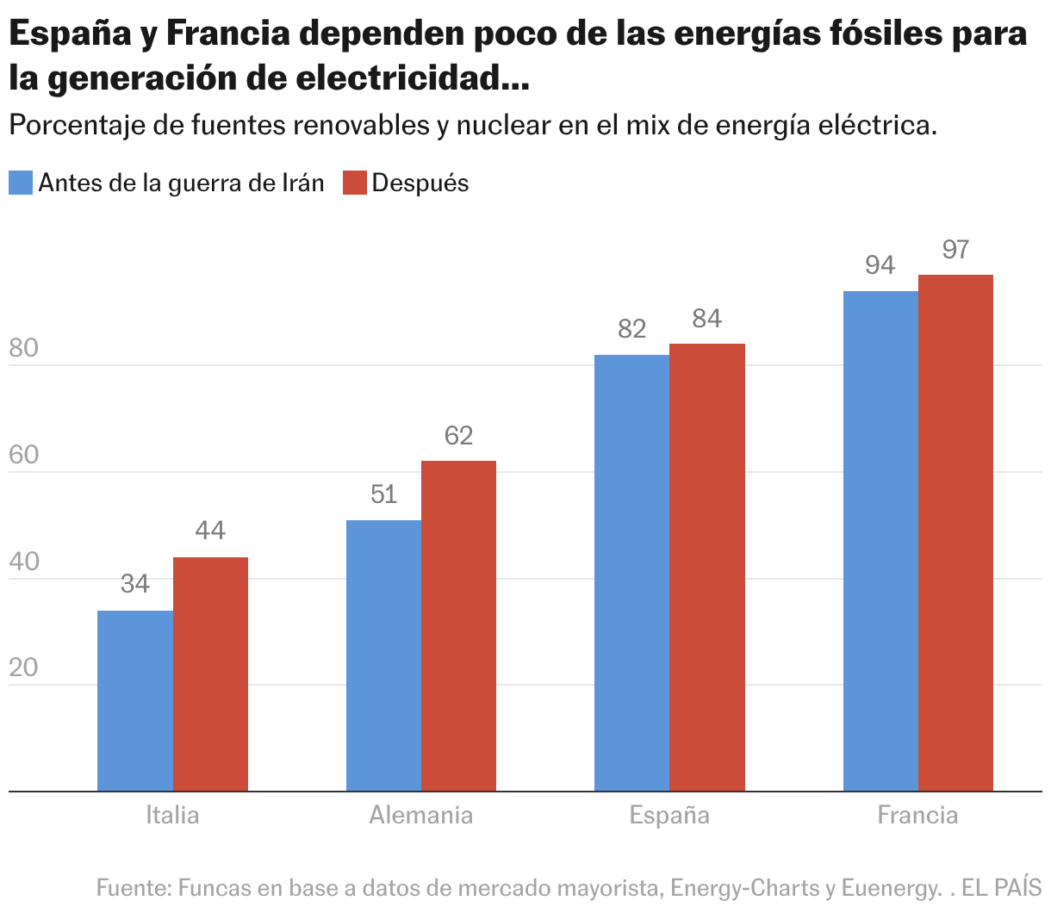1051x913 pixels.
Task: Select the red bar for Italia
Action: (x=210, y=674)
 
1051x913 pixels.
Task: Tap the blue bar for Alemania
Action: (x=383, y=655)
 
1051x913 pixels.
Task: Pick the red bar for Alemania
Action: (x=458, y=625)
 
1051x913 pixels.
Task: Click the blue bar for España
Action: (x=631, y=573)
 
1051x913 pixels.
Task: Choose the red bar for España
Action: (x=707, y=567)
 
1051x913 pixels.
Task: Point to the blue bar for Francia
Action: (x=880, y=541)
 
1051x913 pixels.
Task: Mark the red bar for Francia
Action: (x=955, y=532)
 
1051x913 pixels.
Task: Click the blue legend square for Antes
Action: (x=21, y=183)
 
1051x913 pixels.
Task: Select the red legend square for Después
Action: (x=355, y=183)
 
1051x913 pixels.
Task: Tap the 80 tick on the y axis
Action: (x=24, y=349)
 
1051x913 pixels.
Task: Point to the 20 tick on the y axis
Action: (x=24, y=668)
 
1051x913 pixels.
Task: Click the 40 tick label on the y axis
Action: (x=24, y=562)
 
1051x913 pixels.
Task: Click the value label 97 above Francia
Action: (x=955, y=250)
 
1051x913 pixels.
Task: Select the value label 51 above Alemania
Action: (x=383, y=494)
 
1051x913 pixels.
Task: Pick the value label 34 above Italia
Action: (x=135, y=585)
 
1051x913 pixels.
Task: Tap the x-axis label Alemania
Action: (x=420, y=815)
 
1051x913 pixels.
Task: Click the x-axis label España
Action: (x=669, y=815)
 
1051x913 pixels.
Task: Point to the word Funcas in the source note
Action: (x=212, y=887)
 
